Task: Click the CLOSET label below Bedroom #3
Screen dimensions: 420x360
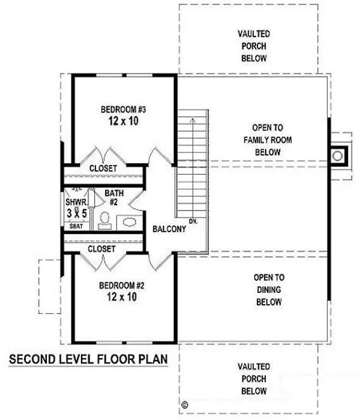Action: [x=102, y=168]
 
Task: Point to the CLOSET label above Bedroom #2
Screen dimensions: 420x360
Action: [x=102, y=249]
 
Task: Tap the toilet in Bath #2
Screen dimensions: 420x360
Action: [x=105, y=221]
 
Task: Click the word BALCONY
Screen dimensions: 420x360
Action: [x=169, y=229]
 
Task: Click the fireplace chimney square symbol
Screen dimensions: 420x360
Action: [x=340, y=155]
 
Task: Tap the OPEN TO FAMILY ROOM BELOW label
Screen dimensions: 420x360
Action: [x=268, y=139]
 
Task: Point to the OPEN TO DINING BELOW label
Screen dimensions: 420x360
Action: [x=268, y=290]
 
